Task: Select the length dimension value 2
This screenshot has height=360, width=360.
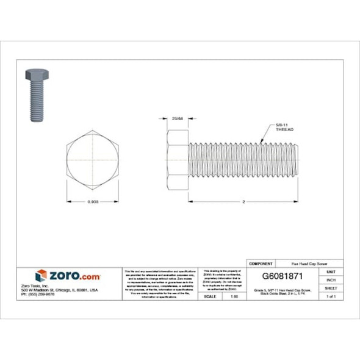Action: click(x=243, y=201)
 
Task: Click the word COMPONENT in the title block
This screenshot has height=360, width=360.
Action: click(x=261, y=262)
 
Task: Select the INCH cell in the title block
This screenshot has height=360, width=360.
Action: click(x=331, y=279)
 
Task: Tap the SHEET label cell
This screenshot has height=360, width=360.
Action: click(x=331, y=287)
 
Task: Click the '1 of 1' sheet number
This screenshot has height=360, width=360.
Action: click(x=331, y=296)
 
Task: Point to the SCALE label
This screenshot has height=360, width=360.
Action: click(x=209, y=296)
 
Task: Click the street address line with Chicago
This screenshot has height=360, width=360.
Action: click(x=65, y=290)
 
